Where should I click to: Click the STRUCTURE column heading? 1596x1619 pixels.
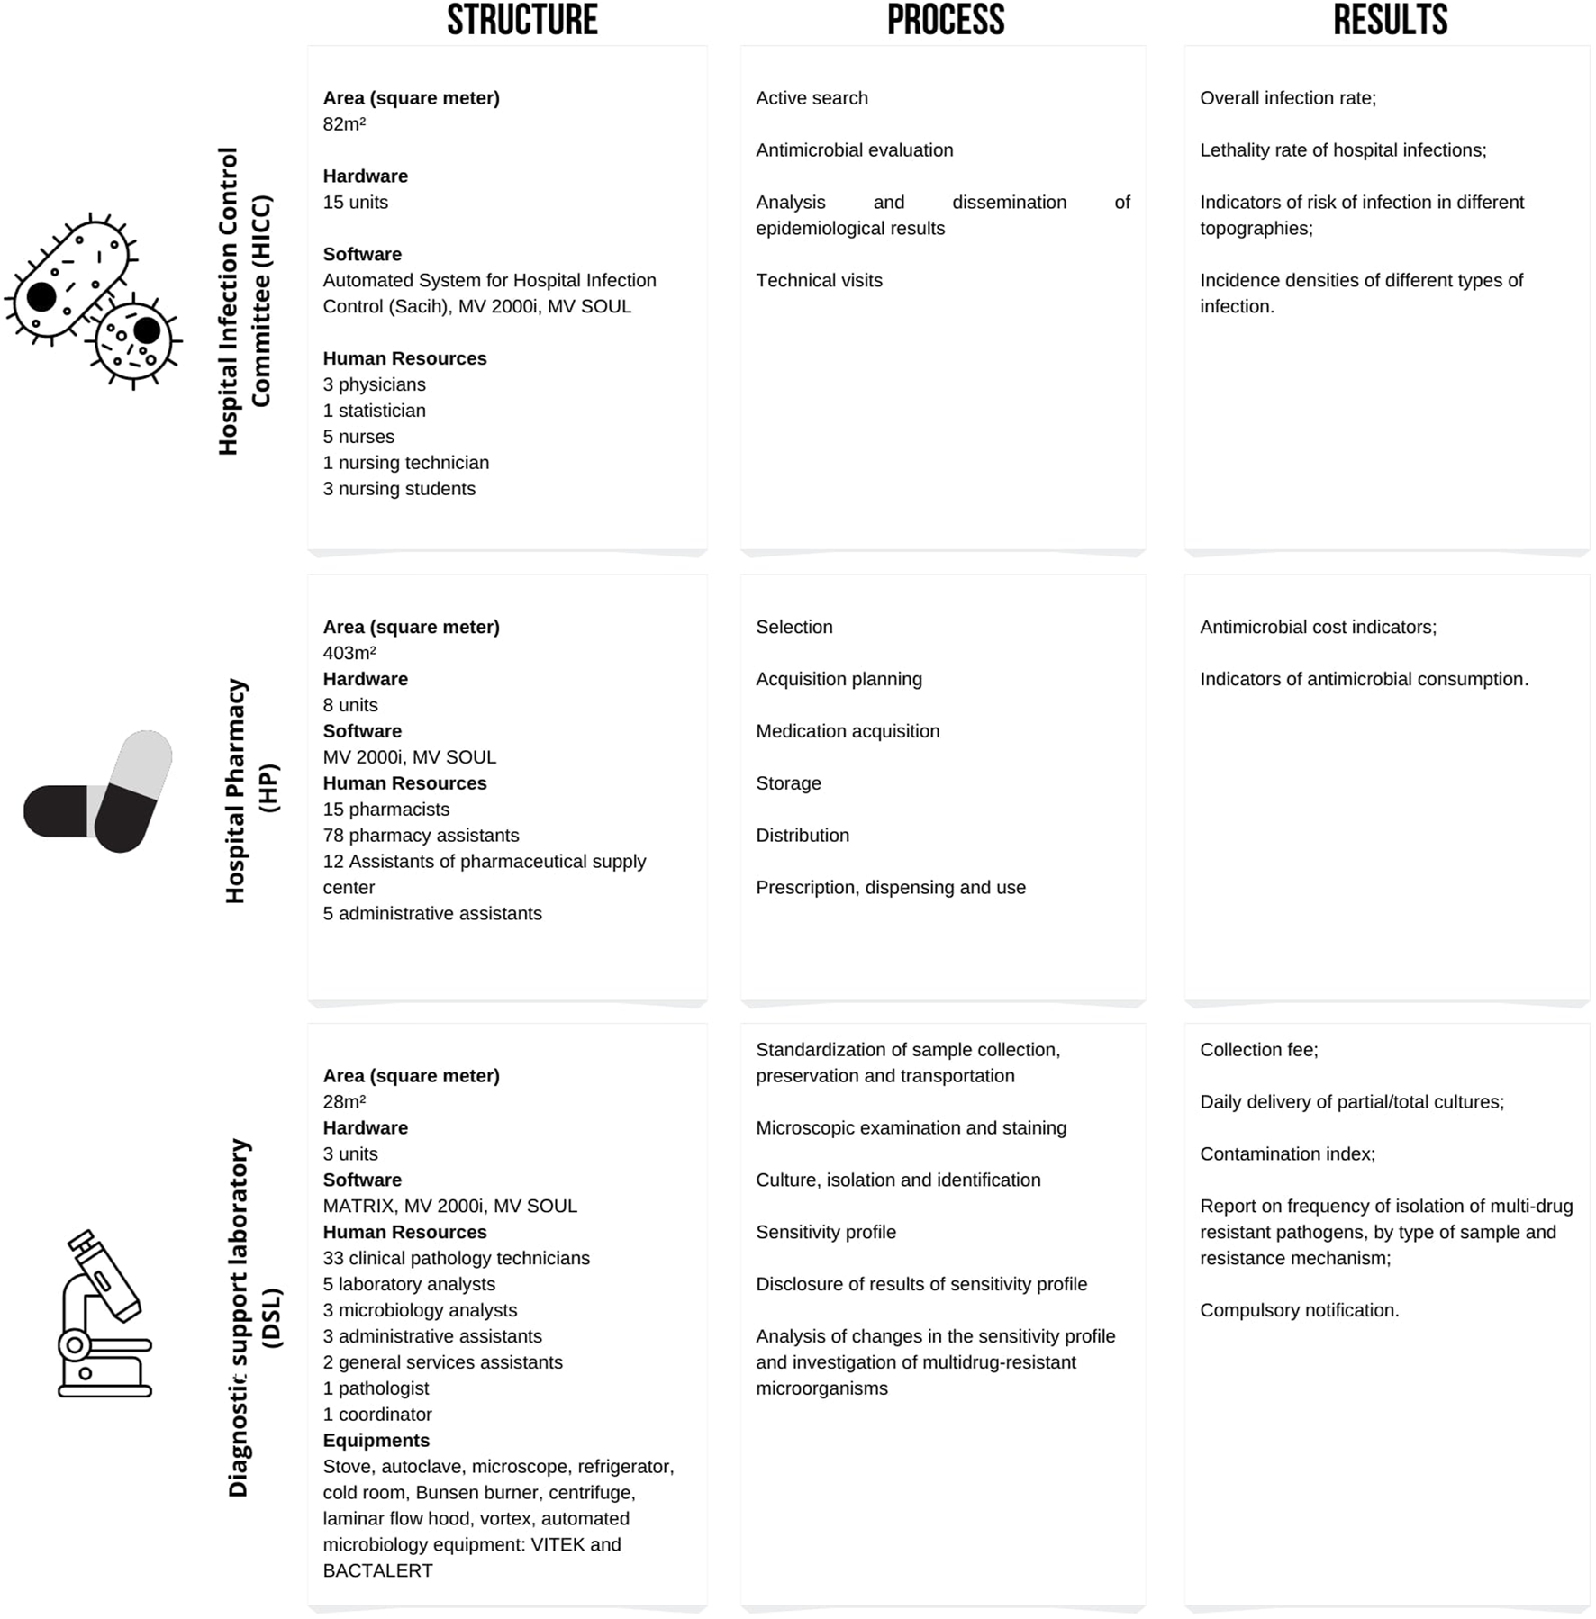[521, 20]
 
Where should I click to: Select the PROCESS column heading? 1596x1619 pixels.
[945, 20]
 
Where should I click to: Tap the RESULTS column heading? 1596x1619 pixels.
[1390, 20]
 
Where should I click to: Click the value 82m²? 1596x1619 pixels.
[344, 124]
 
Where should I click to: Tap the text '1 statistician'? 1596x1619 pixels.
[374, 411]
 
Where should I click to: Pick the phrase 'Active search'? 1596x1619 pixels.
[812, 98]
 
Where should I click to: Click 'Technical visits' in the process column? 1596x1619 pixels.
[819, 280]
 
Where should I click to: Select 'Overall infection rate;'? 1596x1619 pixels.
[1287, 98]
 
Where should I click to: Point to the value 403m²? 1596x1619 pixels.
[349, 653]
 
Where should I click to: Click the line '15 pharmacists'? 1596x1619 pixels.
[385, 809]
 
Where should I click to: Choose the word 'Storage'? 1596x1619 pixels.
[788, 783]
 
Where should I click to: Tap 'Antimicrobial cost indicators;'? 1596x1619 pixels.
[1318, 627]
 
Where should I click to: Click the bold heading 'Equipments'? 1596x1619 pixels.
[376, 1441]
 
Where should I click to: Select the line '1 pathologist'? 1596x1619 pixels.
[376, 1388]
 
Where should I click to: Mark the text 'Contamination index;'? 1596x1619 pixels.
[1287, 1154]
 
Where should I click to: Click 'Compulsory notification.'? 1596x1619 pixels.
[1299, 1310]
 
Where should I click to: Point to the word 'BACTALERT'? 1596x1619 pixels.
[377, 1570]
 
